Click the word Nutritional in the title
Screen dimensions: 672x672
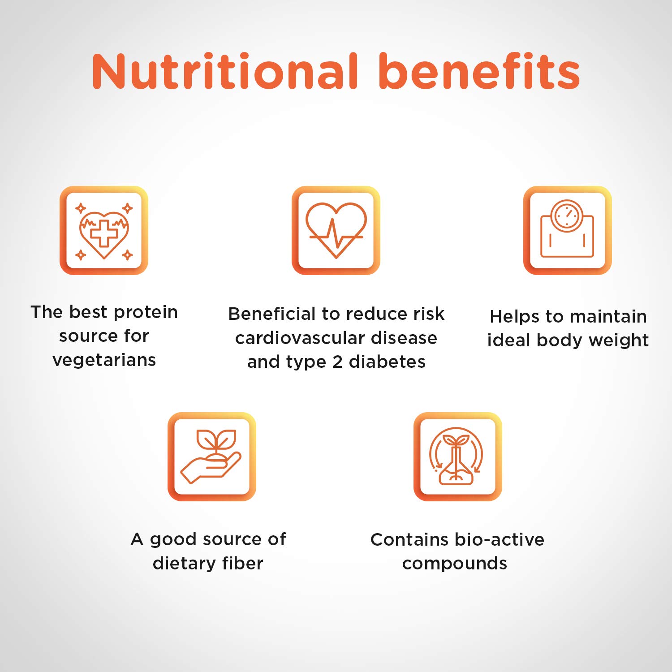225,71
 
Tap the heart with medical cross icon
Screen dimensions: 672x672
104,230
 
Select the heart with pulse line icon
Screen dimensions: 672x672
336,230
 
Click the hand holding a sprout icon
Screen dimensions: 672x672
212,457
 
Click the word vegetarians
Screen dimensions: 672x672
104,360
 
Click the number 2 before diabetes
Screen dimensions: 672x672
337,362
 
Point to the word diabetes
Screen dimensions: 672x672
388,362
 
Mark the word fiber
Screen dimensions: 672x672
243,563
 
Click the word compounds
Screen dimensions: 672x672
455,564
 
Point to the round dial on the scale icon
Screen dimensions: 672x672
567,215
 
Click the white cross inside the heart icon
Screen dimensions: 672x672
104,233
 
